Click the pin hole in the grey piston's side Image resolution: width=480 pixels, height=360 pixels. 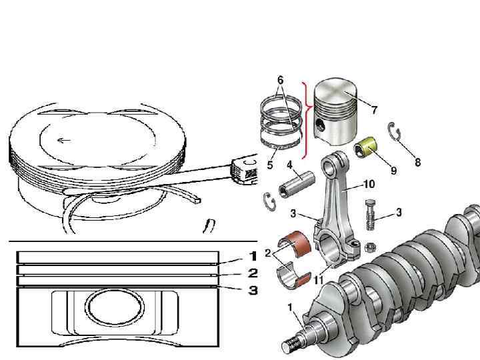click(x=321, y=126)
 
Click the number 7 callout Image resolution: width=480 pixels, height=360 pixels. click(x=374, y=109)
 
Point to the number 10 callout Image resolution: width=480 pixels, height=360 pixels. click(x=369, y=183)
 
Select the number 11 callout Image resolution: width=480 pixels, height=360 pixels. click(x=319, y=281)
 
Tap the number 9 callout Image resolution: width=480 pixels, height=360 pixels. click(x=393, y=170)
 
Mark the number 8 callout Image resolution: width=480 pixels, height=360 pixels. click(x=418, y=162)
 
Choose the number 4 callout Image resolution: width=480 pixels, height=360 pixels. click(x=290, y=164)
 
